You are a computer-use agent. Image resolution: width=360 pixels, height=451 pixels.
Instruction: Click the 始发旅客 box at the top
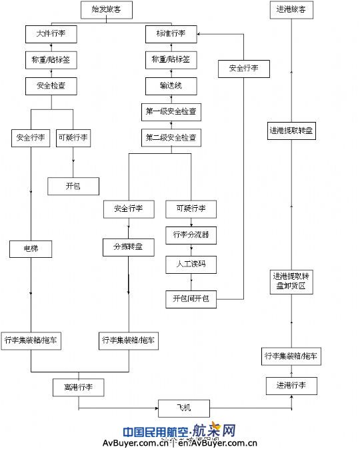point(106,9)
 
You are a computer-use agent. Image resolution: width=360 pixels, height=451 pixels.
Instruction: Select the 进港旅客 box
point(291,9)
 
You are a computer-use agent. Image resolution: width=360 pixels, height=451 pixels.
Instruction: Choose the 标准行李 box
point(171,33)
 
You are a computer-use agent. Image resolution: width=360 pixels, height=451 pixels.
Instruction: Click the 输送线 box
point(171,85)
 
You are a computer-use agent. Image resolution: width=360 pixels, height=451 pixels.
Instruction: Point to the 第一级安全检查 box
point(171,111)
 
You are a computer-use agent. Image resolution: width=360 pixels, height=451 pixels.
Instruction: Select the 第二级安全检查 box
point(171,137)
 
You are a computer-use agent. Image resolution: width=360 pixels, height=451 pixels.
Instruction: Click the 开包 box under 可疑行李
point(73,186)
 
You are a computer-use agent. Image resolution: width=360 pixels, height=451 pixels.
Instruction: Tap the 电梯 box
point(31,249)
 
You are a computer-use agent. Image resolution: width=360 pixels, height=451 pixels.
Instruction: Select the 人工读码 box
point(191,264)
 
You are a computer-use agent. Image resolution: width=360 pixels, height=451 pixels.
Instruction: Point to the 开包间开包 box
point(191,299)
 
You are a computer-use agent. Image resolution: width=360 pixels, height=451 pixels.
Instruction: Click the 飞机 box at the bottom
point(184,406)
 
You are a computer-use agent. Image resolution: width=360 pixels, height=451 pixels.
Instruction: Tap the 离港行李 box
point(79,386)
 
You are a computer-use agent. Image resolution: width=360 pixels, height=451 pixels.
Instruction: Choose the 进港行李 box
point(291,385)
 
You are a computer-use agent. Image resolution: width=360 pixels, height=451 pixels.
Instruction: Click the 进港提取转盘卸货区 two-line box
point(291,281)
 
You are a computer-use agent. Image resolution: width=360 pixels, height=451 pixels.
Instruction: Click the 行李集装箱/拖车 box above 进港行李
point(291,356)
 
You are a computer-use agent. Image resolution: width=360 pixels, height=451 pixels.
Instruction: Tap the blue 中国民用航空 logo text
point(155,430)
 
